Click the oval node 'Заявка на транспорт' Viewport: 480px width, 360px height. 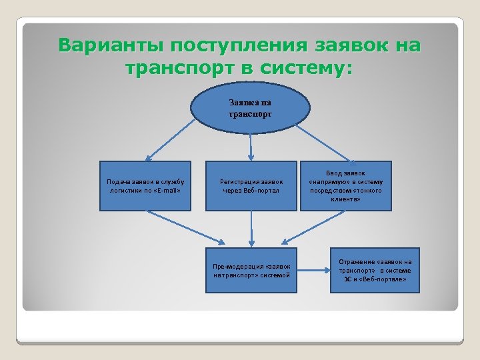click(x=250, y=107)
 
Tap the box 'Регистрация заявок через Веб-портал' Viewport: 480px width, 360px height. click(x=251, y=185)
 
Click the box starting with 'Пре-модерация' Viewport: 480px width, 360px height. click(x=251, y=270)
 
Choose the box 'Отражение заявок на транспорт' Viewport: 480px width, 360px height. click(x=375, y=270)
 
